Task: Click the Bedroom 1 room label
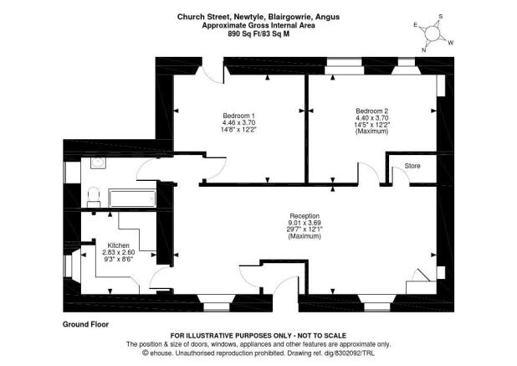(x=238, y=116)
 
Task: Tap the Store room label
(x=412, y=166)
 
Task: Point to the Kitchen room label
(x=118, y=245)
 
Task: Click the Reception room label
(x=305, y=216)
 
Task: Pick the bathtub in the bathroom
(x=132, y=198)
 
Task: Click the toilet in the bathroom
(x=94, y=198)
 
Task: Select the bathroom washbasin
(x=98, y=162)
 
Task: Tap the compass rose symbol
(x=433, y=34)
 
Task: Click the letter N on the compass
(x=423, y=50)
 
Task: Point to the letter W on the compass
(x=451, y=43)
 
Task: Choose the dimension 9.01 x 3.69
(x=305, y=223)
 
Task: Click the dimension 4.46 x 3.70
(x=238, y=122)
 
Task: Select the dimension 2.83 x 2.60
(x=118, y=252)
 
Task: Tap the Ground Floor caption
(x=85, y=324)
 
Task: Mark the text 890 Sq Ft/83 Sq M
(x=258, y=34)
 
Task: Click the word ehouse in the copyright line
(x=161, y=353)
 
